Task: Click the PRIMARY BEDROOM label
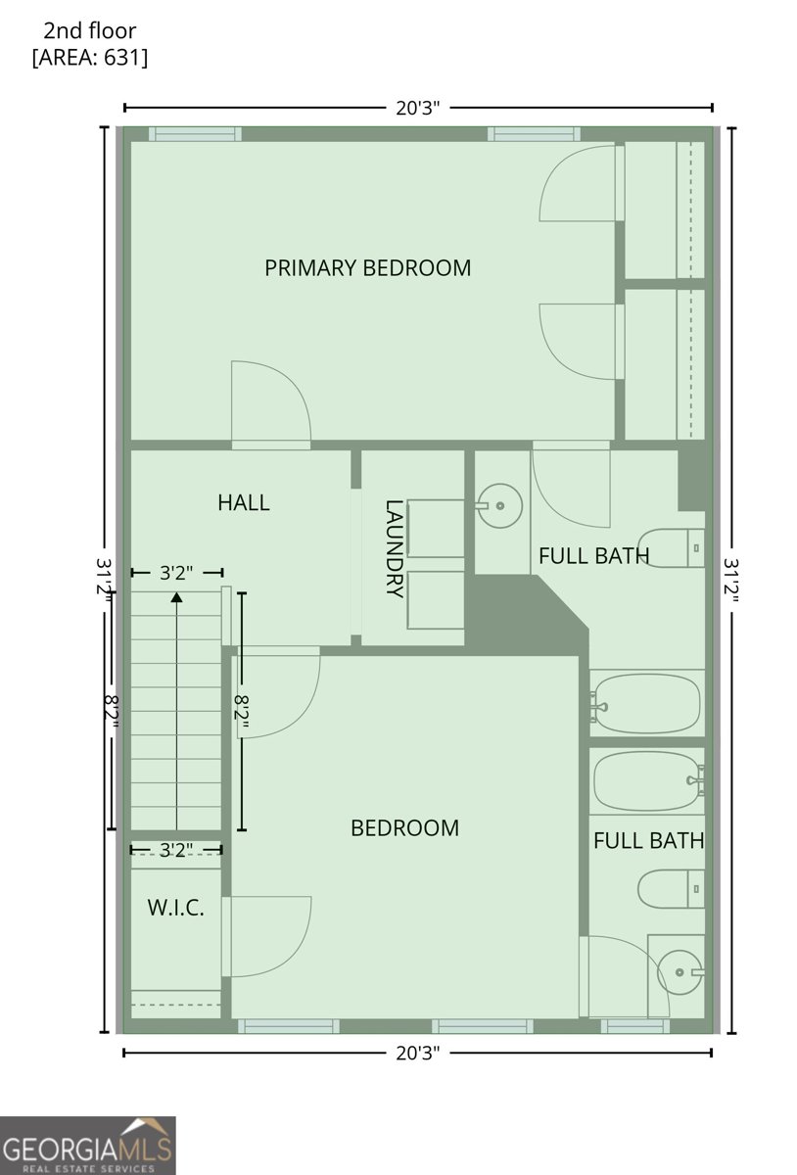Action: pyautogui.click(x=367, y=267)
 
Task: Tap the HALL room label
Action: pyautogui.click(x=243, y=503)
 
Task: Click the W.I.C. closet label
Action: pyautogui.click(x=176, y=908)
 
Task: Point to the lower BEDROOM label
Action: pyautogui.click(x=404, y=828)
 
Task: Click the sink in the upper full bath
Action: pyautogui.click(x=499, y=506)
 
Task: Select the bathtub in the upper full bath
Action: pyautogui.click(x=646, y=703)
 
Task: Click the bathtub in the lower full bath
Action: pyautogui.click(x=646, y=780)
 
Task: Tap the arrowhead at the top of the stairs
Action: pyautogui.click(x=176, y=596)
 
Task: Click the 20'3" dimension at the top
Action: pyautogui.click(x=418, y=109)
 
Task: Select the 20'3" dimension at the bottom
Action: pyautogui.click(x=418, y=1053)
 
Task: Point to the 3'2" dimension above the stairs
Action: pyautogui.click(x=176, y=572)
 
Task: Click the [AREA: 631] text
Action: pyautogui.click(x=90, y=58)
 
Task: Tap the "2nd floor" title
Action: pyautogui.click(x=90, y=31)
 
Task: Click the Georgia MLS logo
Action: pyautogui.click(x=88, y=1146)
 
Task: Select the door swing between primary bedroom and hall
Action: pyautogui.click(x=272, y=403)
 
